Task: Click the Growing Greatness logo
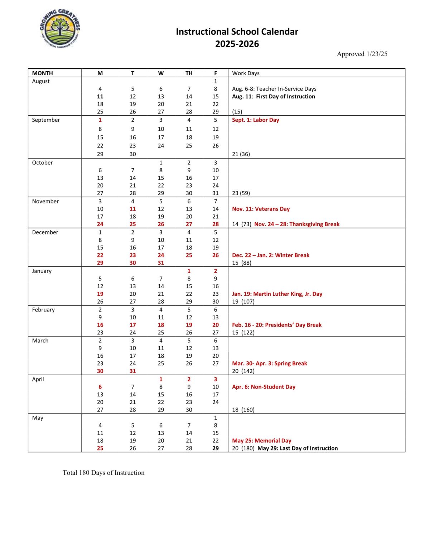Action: click(60, 29)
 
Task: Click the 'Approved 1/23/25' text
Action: click(362, 54)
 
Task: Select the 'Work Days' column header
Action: click(246, 73)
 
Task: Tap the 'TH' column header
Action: click(189, 73)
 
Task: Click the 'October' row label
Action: click(42, 163)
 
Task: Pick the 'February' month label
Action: click(43, 310)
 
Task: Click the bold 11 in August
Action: click(100, 96)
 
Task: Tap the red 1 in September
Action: click(100, 120)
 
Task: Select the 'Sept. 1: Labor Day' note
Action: click(255, 120)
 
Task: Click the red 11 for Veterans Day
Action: click(132, 209)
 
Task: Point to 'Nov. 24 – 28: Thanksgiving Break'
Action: click(296, 224)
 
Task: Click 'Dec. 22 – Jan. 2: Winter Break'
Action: click(270, 255)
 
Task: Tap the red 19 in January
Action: click(100, 294)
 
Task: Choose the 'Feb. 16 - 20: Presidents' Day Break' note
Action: click(276, 325)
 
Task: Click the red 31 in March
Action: click(132, 371)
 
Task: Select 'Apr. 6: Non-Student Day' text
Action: click(264, 387)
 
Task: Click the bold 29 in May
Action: click(215, 448)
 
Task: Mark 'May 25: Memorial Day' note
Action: click(261, 441)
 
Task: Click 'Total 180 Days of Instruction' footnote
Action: click(103, 473)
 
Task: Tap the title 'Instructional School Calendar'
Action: click(237, 32)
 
